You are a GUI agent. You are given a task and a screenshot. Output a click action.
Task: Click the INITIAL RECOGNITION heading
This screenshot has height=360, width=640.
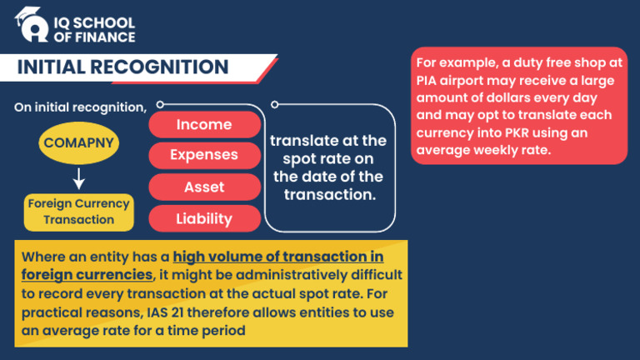coord(122,67)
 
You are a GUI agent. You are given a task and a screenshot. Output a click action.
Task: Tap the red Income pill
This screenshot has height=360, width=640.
coord(204,125)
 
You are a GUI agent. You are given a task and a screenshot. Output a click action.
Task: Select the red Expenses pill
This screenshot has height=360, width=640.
coord(204,155)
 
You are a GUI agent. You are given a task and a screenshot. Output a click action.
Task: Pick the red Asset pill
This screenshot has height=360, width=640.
coord(204,187)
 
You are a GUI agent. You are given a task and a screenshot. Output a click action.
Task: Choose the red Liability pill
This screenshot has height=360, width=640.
coord(204,218)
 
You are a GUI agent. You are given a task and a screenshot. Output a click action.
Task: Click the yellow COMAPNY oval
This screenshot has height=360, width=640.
coord(79,143)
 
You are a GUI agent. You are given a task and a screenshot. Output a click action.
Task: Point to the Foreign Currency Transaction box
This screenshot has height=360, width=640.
coord(79,212)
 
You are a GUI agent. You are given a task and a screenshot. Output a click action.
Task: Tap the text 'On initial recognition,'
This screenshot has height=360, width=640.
coord(80,107)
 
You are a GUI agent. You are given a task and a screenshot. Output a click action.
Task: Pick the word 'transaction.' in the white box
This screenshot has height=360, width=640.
coord(330,195)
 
